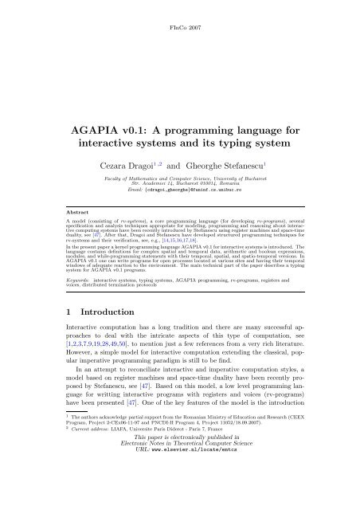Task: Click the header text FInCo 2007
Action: tap(180, 7)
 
